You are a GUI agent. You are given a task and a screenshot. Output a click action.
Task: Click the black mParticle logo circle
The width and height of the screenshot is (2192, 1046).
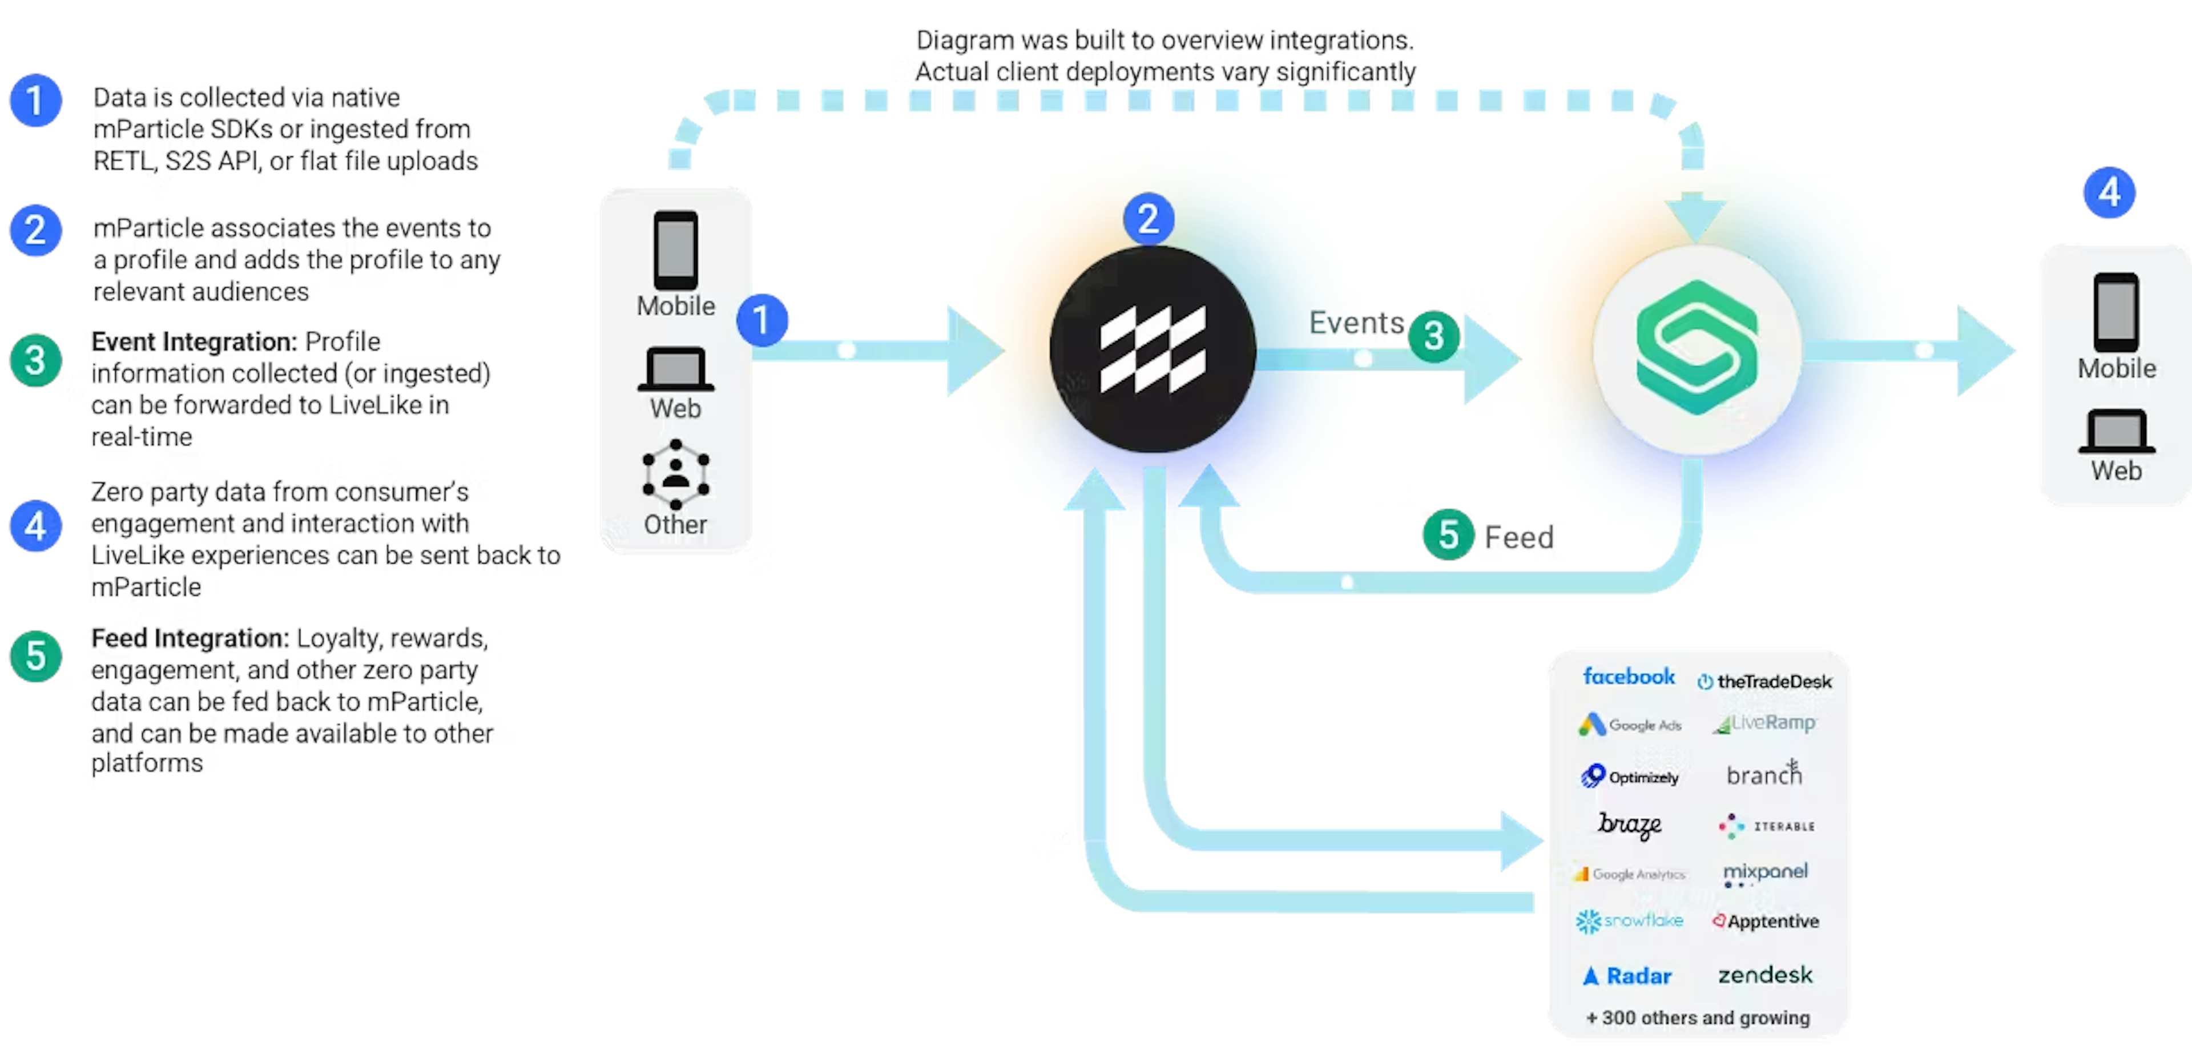coord(1152,349)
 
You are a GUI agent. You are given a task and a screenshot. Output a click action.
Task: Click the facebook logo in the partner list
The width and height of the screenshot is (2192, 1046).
coord(1628,677)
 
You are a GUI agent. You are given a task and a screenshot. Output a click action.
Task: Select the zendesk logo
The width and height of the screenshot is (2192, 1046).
coord(1765,975)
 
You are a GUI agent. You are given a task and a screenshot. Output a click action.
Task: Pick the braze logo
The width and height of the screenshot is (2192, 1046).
coord(1629,824)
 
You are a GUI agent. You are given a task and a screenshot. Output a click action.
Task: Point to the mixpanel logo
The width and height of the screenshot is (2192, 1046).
coord(1765,872)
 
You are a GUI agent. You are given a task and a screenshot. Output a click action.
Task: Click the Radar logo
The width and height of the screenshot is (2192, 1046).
coord(1627,975)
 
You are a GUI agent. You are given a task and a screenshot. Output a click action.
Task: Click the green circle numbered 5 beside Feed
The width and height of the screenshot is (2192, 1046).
coord(1448,536)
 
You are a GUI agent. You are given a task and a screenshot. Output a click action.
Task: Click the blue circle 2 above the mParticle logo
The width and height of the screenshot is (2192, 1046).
coord(1148,219)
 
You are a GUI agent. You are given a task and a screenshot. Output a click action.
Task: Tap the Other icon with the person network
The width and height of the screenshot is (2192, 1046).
coord(676,474)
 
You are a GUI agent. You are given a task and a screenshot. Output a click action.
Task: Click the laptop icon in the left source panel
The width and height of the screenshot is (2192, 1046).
coord(676,369)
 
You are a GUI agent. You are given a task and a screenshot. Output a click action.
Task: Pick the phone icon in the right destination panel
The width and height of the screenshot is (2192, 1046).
coord(2116,312)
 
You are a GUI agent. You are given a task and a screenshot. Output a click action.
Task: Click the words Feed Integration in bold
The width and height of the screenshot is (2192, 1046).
coord(189,638)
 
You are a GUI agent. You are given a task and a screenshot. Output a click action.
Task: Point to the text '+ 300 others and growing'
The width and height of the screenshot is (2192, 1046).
coord(1698,1018)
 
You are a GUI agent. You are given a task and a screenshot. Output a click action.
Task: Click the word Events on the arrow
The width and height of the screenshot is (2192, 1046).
coord(1356,323)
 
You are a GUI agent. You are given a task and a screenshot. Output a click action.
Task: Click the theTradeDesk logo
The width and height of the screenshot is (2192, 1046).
coord(1765,682)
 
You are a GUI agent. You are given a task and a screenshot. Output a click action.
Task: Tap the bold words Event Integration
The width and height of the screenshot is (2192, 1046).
coord(193,341)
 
